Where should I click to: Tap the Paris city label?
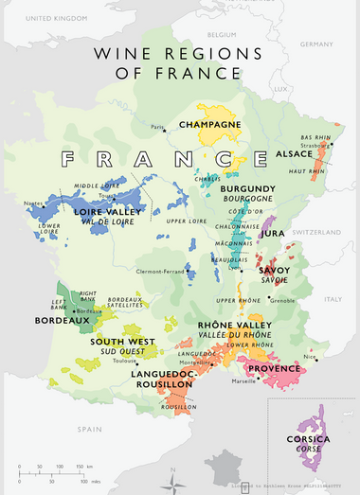[x=157, y=127]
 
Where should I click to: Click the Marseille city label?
[x=243, y=381]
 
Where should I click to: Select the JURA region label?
[x=274, y=232]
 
